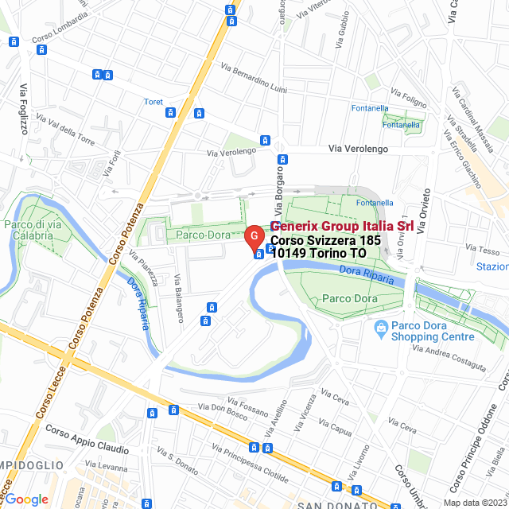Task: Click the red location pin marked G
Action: [253, 237]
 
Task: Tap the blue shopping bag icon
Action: [382, 326]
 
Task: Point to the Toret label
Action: [153, 102]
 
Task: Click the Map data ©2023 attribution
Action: [475, 502]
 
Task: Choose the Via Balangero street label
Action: [180, 297]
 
